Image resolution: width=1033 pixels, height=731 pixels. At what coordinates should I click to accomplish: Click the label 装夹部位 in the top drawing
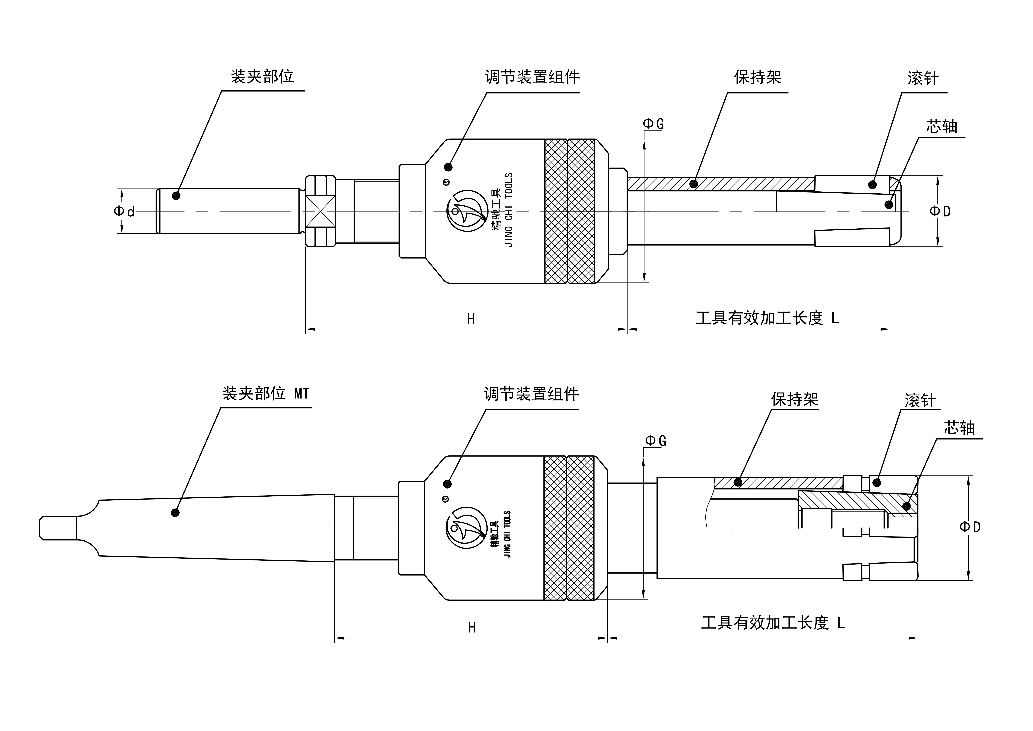pos(262,77)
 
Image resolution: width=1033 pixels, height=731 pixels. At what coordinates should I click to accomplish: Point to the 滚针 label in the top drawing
pos(923,78)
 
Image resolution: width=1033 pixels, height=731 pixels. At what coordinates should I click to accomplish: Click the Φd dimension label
pos(124,211)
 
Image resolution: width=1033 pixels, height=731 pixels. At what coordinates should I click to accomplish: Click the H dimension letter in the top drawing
pos(471,319)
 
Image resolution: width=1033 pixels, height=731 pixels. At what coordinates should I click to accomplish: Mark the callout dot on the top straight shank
pos(176,196)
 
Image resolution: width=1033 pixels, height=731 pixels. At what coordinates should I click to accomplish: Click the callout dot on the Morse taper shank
pos(175,513)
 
